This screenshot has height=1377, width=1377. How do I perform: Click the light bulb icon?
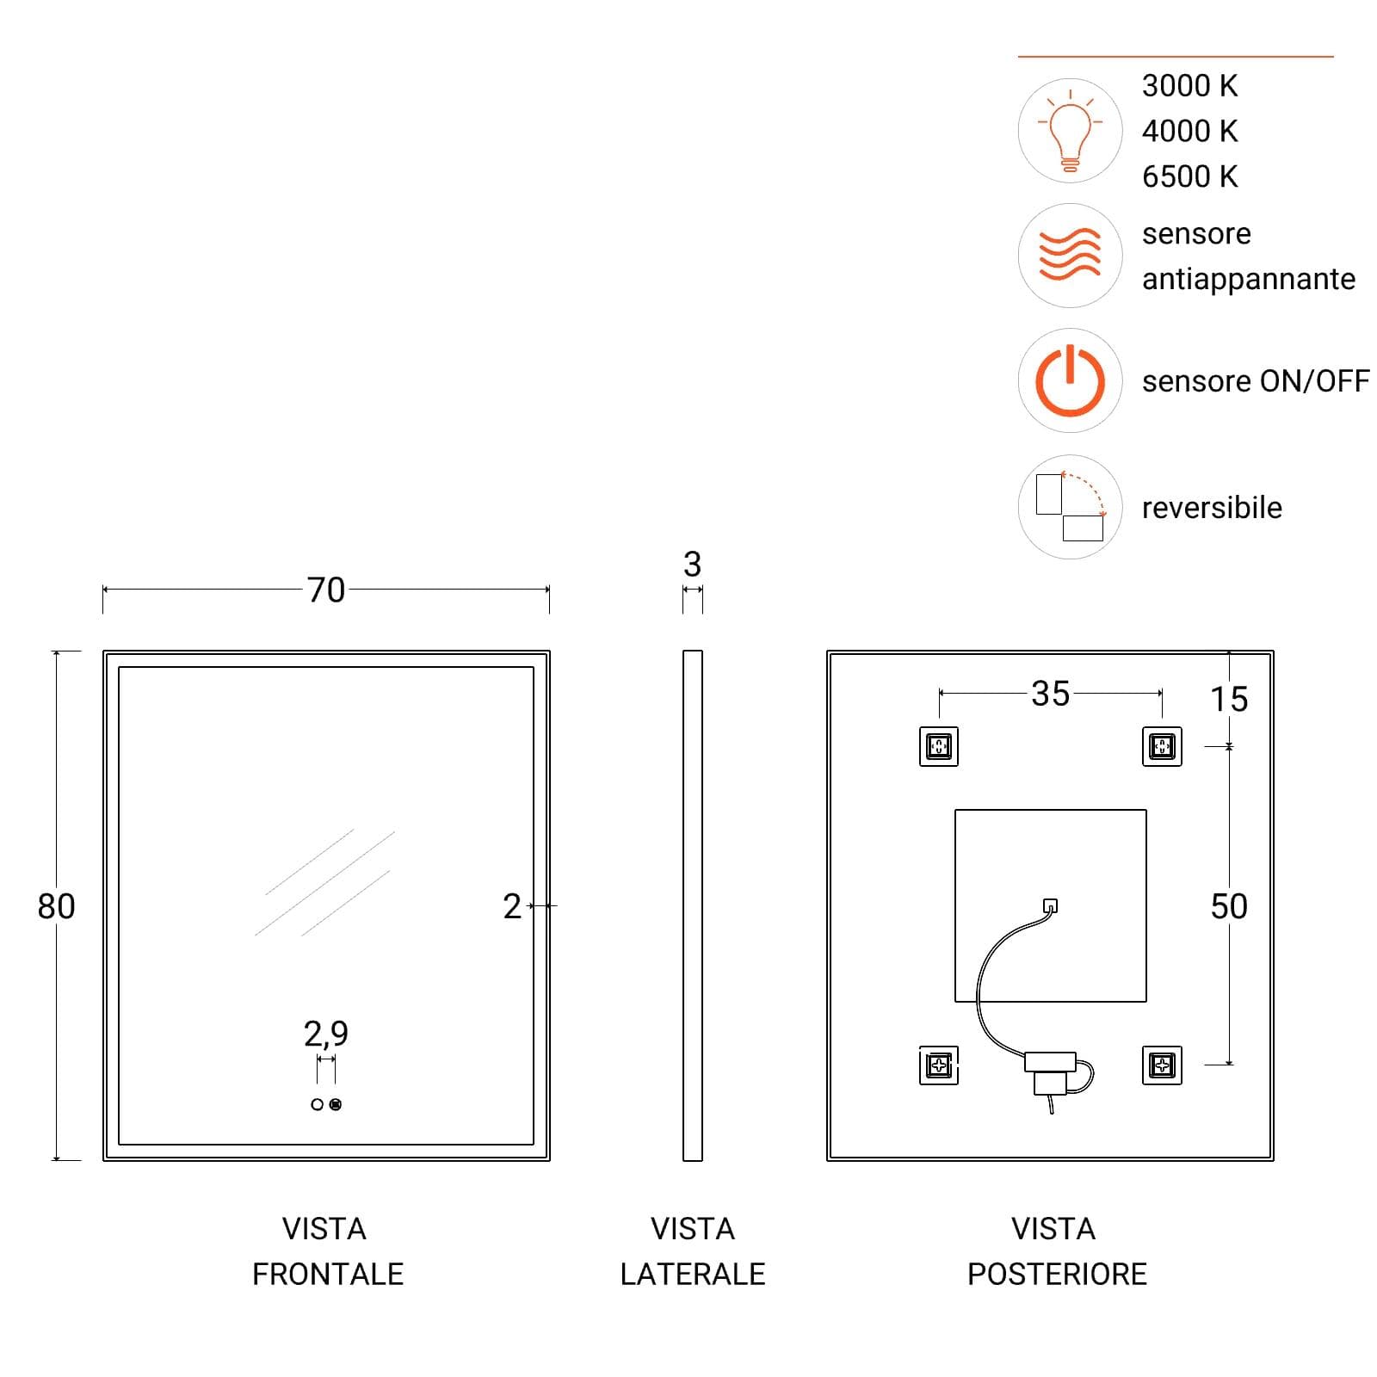pos(1070,131)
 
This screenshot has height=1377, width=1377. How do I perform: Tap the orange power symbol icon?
pos(1070,380)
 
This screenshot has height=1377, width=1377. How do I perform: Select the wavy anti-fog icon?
pos(1070,255)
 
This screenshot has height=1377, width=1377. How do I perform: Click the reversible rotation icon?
pos(1071,507)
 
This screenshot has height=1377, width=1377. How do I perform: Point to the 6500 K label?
pos(1189,176)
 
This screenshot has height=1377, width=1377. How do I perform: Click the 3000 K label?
pos(1189,86)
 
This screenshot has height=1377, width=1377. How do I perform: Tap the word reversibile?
pos(1212,508)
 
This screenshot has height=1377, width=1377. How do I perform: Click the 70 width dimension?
pos(326,590)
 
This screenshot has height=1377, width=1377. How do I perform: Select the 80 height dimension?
pos(56,906)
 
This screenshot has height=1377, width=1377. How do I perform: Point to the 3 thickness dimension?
pos(692,565)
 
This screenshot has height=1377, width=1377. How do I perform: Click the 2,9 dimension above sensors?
pos(326,1033)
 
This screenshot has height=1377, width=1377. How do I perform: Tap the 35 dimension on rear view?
pos(1050,694)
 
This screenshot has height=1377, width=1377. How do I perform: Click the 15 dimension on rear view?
pos(1229,699)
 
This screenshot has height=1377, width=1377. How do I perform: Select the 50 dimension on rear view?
pos(1229,906)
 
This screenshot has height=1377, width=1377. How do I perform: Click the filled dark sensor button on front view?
pos(336,1104)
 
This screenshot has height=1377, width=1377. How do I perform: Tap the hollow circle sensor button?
pos(318,1104)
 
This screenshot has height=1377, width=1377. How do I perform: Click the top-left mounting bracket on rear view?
pos(939,746)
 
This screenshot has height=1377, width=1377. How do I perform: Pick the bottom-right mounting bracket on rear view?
pos(1162,1065)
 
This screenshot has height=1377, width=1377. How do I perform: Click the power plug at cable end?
pos(1049,1072)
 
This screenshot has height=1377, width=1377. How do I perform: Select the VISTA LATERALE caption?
pos(693,1251)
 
